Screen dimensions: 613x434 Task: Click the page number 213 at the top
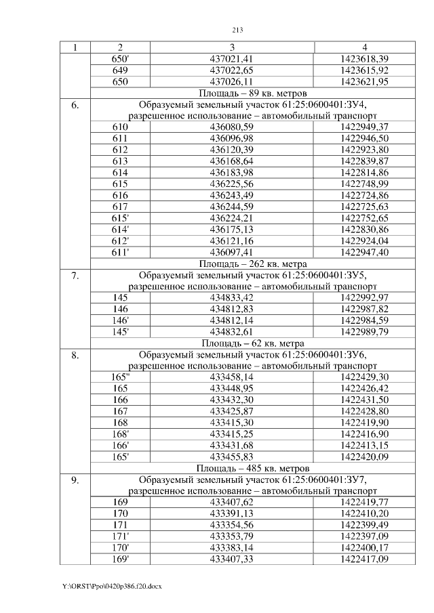coord(237,30)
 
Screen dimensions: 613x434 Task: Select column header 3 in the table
coord(232,47)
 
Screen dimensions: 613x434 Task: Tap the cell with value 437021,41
coord(232,59)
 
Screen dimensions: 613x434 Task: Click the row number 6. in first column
coord(75,105)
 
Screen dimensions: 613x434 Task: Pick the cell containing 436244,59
coord(232,206)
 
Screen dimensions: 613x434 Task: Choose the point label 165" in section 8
coord(120,377)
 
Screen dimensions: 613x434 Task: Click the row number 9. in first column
coord(75,480)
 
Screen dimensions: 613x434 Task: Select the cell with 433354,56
coord(232,525)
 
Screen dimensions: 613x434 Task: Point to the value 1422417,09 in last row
coord(364,559)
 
